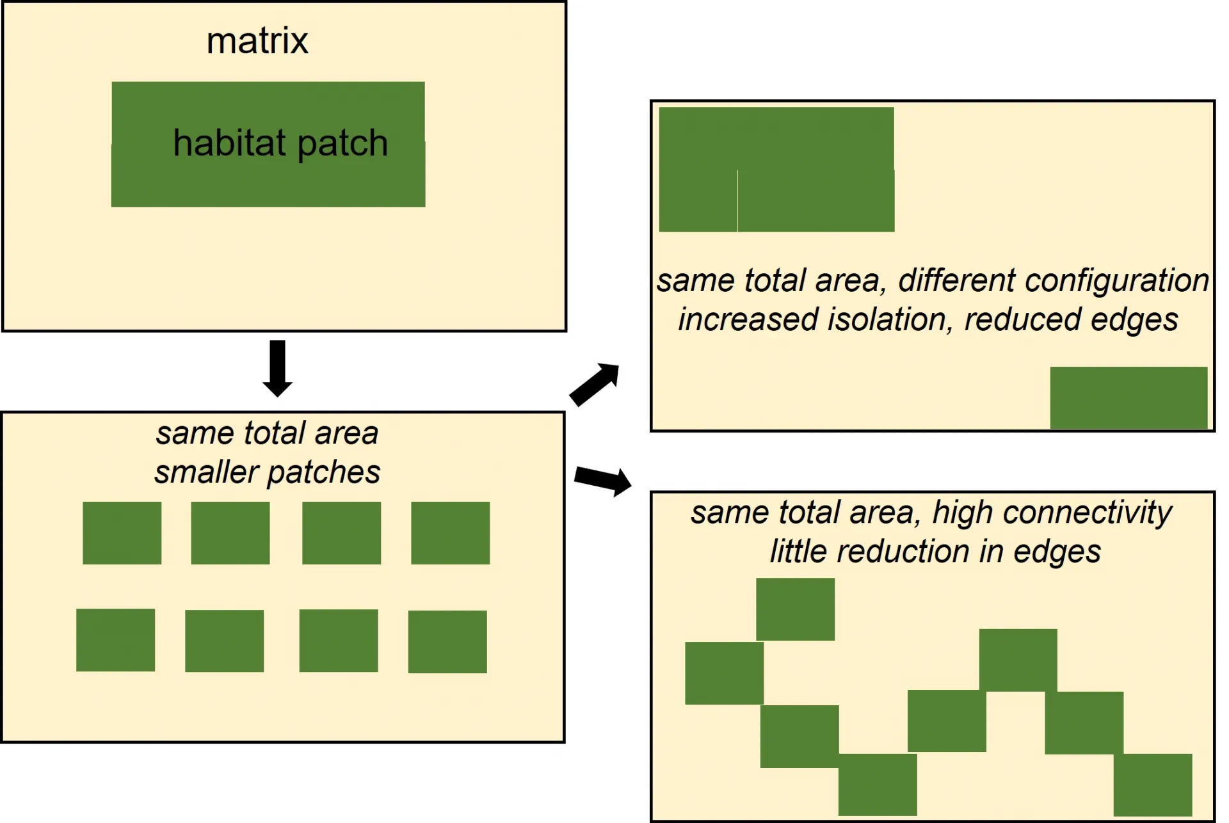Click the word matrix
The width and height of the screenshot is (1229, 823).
257,41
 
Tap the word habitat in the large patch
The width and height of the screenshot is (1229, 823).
229,142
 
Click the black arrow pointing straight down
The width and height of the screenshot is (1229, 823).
277,369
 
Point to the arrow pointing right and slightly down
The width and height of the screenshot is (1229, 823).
603,480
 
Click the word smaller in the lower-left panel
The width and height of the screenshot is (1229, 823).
207,472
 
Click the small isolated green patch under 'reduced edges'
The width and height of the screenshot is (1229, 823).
1129,397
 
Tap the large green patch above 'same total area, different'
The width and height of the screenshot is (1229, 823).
776,169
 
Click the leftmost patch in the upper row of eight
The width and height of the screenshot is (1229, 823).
122,532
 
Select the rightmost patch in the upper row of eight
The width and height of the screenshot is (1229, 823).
450,532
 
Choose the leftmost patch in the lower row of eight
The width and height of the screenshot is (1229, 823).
115,640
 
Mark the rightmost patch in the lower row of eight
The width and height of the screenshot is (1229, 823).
447,641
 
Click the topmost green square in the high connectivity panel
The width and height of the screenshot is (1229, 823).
795,609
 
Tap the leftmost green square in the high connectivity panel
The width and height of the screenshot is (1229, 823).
724,673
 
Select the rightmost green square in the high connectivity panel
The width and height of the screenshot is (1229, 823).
1153,785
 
